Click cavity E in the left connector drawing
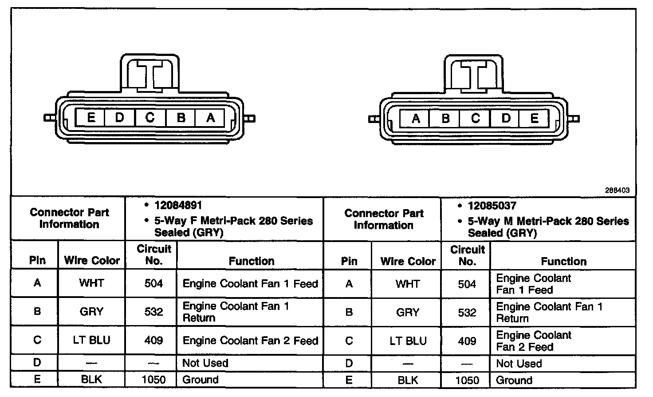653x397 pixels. [x=91, y=118]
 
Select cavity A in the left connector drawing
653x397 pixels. [x=211, y=118]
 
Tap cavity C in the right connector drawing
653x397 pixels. [x=475, y=119]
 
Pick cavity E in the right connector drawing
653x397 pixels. [x=534, y=119]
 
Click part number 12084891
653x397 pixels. [x=178, y=205]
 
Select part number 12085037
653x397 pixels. [x=492, y=206]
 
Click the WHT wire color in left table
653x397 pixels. [x=91, y=283]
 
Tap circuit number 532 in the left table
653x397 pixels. [x=153, y=312]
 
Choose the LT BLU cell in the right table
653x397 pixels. [x=408, y=341]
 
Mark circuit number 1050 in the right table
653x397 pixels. [x=467, y=380]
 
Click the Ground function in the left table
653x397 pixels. [x=201, y=380]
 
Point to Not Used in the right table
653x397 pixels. [x=519, y=364]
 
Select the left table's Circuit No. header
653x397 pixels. [x=153, y=255]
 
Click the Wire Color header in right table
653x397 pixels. [x=408, y=262]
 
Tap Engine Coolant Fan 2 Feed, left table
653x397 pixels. [x=250, y=341]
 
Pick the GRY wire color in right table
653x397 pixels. [x=408, y=313]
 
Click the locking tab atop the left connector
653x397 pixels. [x=149, y=73]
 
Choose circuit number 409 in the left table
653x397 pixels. [x=153, y=341]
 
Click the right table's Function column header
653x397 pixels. [x=563, y=262]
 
